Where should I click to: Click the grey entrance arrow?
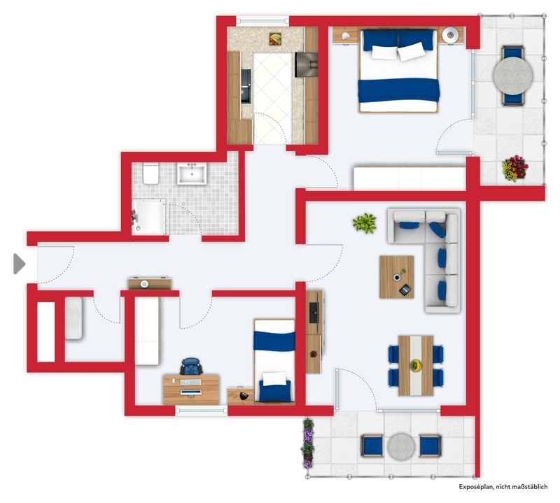click(x=20, y=264)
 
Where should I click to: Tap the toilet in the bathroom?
click(x=150, y=173)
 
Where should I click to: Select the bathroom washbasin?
click(x=192, y=173)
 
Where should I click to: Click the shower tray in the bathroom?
click(x=148, y=217)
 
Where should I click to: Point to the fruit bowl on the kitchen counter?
click(x=275, y=39)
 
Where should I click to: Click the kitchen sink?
click(x=246, y=86)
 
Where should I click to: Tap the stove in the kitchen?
click(x=306, y=64)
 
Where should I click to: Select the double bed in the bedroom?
click(x=398, y=71)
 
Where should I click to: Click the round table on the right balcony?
click(x=513, y=76)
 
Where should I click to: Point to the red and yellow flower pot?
click(x=514, y=168)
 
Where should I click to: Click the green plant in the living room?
click(x=364, y=223)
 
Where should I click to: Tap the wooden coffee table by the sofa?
click(x=397, y=277)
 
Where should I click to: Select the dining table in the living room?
click(x=416, y=366)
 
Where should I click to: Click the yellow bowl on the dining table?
click(x=416, y=365)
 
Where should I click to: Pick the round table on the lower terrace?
click(x=401, y=446)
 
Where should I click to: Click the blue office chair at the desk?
click(x=191, y=367)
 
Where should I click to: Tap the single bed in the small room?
click(x=274, y=361)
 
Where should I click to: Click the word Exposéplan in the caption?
click(x=475, y=487)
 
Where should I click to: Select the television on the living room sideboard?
click(x=314, y=313)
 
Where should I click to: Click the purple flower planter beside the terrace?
click(x=308, y=444)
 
